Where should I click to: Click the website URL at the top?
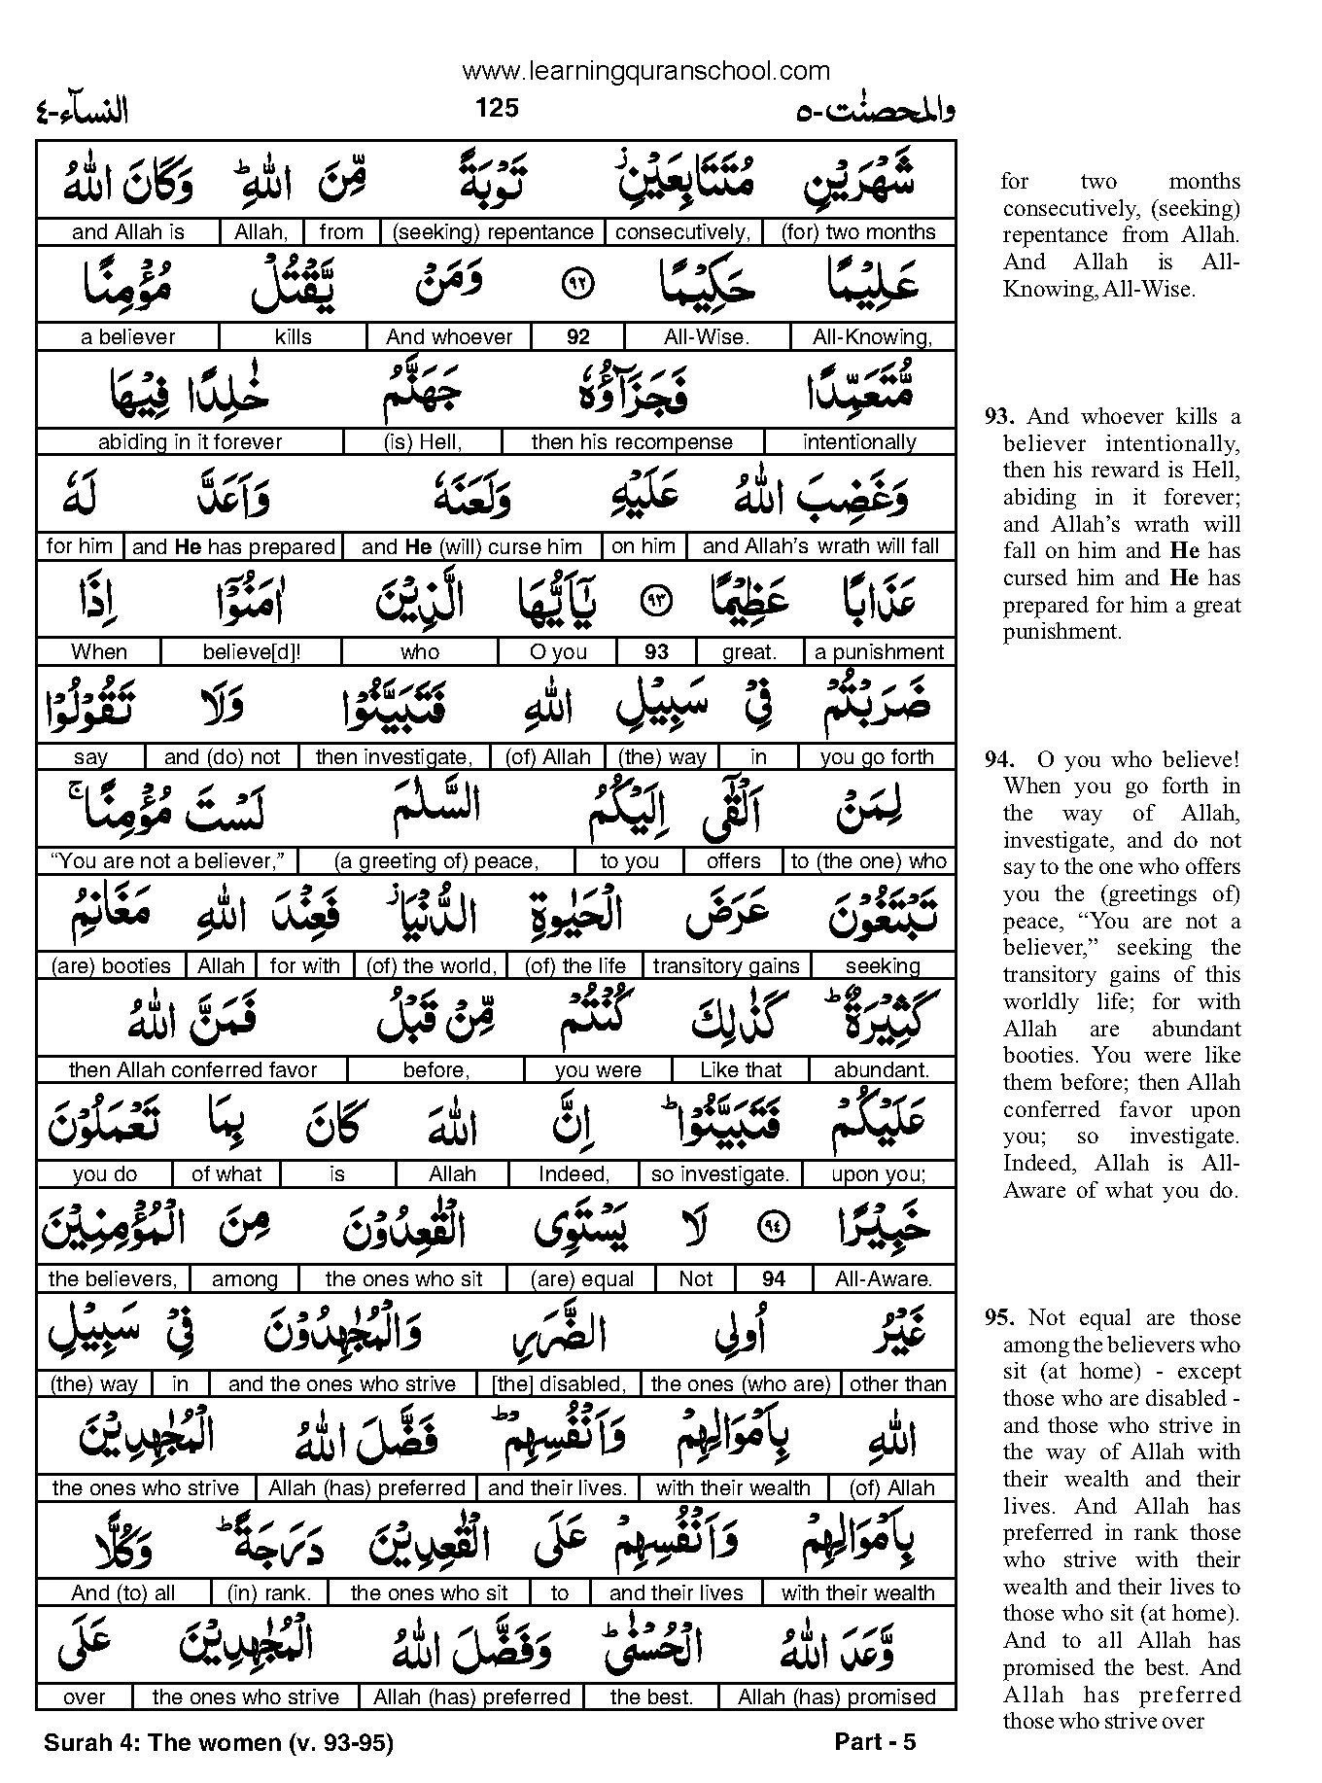point(645,71)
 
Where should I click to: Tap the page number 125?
point(497,108)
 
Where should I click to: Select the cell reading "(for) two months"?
point(858,232)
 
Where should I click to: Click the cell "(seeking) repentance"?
point(492,232)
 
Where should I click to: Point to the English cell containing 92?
point(577,337)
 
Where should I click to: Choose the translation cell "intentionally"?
point(859,442)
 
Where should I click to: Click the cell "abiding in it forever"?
point(190,442)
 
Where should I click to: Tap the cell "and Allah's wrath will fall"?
point(820,546)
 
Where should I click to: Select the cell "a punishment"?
point(879,652)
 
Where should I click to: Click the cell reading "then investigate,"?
point(394,757)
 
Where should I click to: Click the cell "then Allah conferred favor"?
point(192,1070)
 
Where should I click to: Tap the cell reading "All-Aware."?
point(883,1279)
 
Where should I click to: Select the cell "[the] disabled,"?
point(559,1384)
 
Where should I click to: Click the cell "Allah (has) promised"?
point(836,1697)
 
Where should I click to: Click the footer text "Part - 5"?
point(875,1742)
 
